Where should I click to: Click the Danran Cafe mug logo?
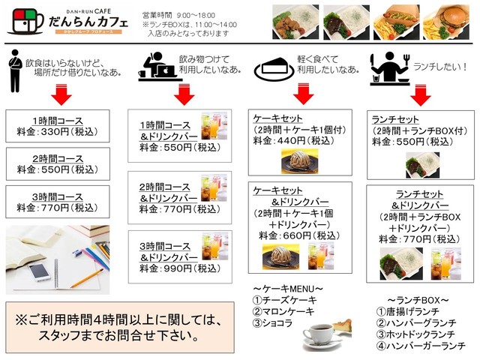22,22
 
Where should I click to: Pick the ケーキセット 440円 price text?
301,140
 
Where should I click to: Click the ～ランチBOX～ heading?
417,299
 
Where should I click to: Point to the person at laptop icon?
158,66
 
